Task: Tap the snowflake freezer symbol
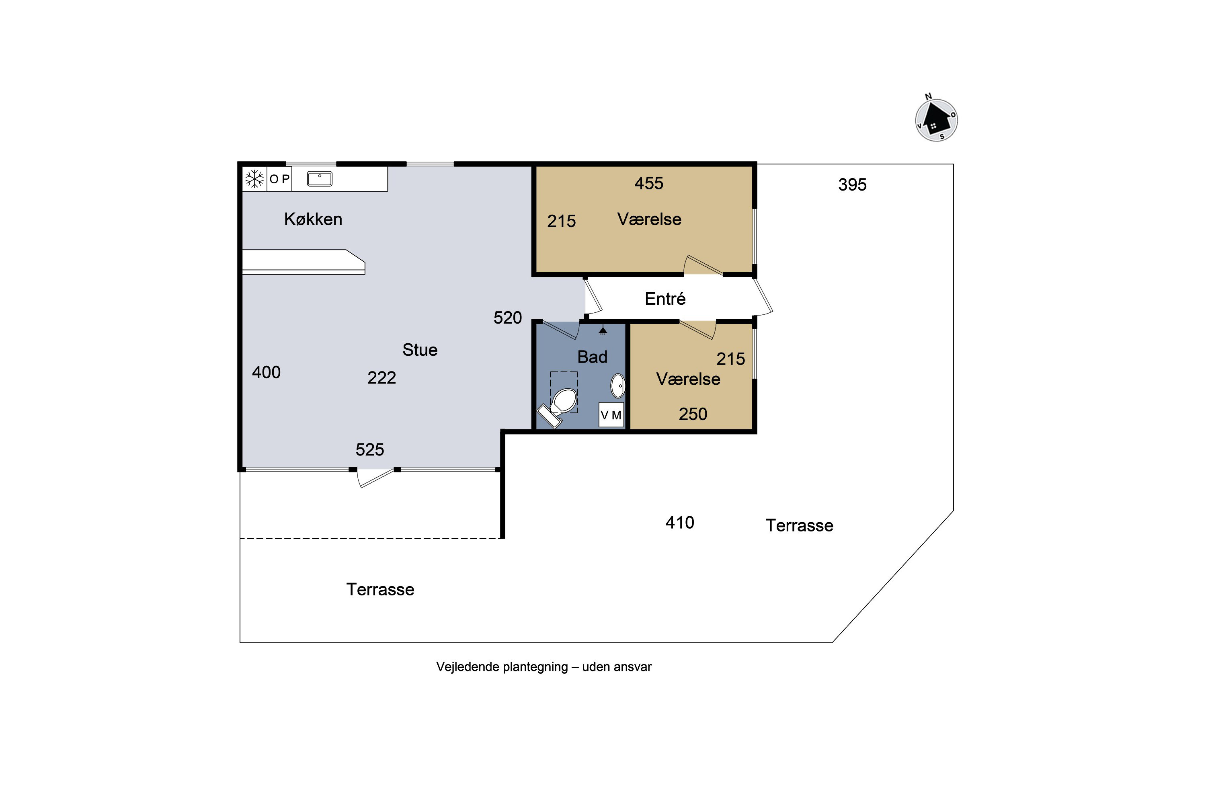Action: (x=254, y=179)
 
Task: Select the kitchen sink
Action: (x=320, y=179)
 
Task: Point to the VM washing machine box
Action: (x=611, y=415)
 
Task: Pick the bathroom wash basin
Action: (x=618, y=386)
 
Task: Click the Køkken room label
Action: (x=313, y=219)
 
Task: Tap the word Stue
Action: (x=420, y=350)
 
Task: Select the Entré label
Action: (x=665, y=298)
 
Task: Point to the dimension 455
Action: (x=649, y=183)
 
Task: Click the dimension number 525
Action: (x=370, y=450)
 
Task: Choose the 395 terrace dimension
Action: (x=852, y=185)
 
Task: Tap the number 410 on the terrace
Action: (x=680, y=523)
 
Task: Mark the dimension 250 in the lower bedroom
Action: (x=693, y=414)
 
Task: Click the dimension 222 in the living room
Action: (x=381, y=378)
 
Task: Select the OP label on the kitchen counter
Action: (x=279, y=179)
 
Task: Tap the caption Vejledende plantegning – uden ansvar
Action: (x=544, y=667)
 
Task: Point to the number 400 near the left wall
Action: (x=266, y=372)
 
